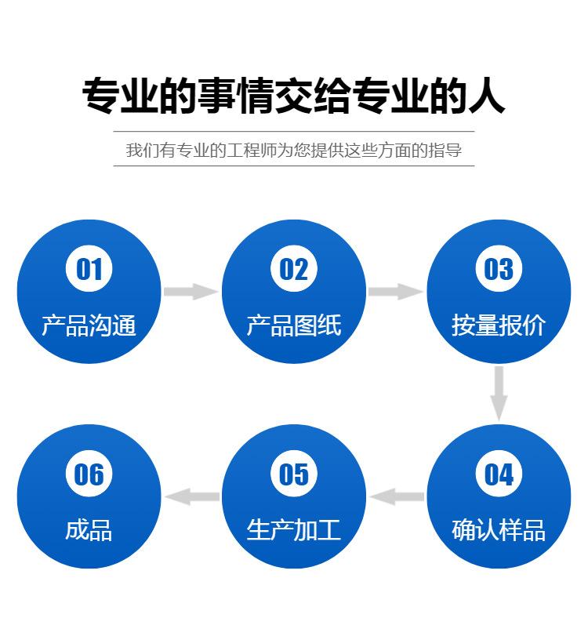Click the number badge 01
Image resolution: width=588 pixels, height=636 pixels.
pos(89,269)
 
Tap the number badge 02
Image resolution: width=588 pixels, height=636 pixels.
pos(294,269)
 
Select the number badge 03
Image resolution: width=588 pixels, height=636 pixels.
pos(499,269)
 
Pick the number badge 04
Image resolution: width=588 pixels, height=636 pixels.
pos(499,474)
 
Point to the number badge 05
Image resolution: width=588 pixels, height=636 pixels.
pos(294,474)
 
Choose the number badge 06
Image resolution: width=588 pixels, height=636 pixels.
pos(89,474)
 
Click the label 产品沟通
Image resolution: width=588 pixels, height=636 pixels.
pos(89,325)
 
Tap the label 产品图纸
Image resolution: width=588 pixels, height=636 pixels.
pos(294,325)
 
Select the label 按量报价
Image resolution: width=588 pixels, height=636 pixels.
pos(499,325)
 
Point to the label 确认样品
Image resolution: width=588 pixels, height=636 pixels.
pos(499,530)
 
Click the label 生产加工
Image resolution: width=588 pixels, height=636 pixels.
pos(294,530)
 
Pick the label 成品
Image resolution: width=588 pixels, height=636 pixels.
pos(89,530)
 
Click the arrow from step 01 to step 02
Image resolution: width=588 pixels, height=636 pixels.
pos(191,292)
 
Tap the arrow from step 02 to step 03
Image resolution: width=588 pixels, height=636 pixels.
pos(396,292)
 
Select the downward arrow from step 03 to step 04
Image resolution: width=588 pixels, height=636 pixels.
pos(499,393)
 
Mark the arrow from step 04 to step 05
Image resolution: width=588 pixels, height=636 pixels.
pos(397,496)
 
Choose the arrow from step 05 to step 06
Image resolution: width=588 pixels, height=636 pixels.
pos(192,496)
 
